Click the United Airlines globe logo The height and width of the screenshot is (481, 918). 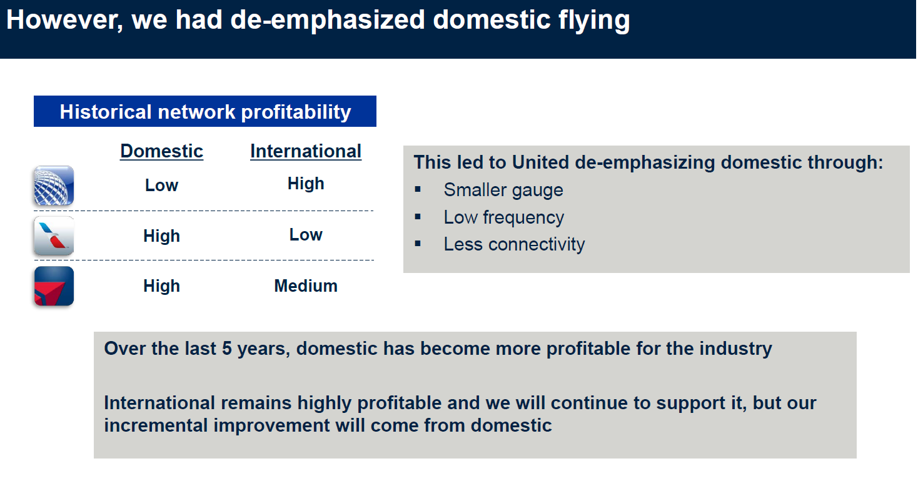point(54,186)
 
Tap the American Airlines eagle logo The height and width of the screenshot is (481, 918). point(54,236)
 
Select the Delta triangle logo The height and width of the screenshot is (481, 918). point(54,286)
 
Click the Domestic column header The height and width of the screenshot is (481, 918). point(161,151)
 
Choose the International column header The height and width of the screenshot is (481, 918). point(306,151)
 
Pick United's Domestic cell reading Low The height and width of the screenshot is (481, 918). point(161,186)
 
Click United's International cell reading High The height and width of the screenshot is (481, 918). point(306,184)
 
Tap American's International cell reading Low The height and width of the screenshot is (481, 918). point(306,234)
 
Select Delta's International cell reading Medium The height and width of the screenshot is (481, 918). point(306,285)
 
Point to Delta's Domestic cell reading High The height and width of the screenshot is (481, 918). point(161,286)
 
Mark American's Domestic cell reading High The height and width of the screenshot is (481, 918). point(161,236)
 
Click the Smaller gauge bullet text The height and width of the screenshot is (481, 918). point(503,191)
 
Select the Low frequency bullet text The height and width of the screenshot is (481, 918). point(503,217)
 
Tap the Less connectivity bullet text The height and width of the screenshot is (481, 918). point(514,244)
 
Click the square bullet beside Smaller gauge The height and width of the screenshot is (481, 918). point(418,189)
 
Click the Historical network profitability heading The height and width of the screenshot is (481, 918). point(205,111)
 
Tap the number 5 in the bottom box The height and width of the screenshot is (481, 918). point(226,349)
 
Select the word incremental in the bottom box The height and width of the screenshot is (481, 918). point(156,425)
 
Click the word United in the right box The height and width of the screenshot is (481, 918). point(540,162)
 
